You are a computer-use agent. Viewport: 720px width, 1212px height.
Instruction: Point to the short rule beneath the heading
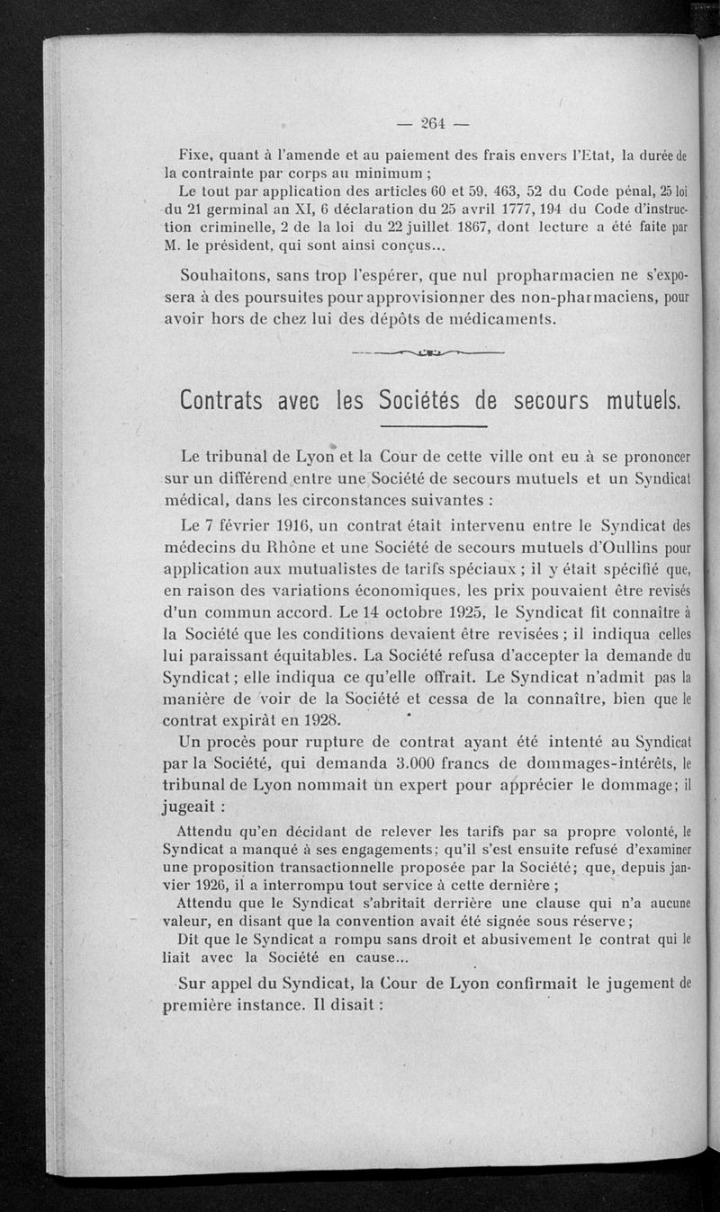click(433, 425)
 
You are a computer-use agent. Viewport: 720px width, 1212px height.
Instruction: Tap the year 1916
click(283, 524)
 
